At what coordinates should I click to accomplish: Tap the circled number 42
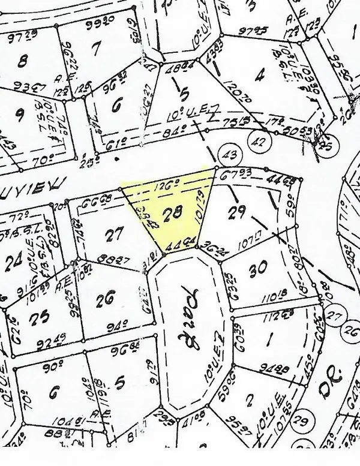coord(260,143)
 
